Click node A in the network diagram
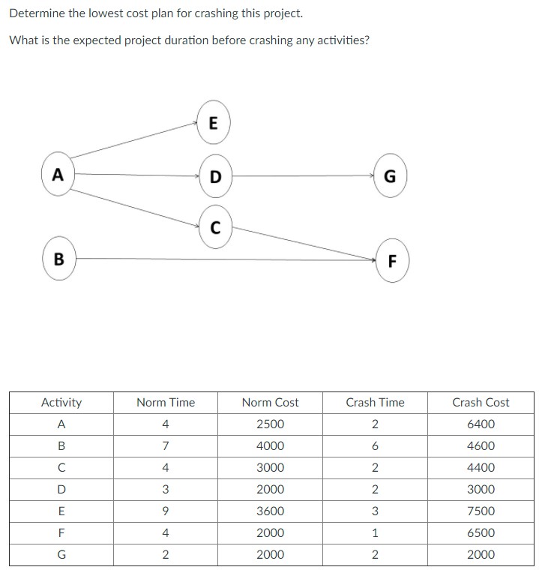(x=58, y=174)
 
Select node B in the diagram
(x=59, y=258)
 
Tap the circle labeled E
(x=214, y=122)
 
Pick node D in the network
(x=216, y=176)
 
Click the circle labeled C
(x=216, y=226)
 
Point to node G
(x=390, y=175)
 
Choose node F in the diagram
(x=392, y=260)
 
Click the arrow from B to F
(x=226, y=259)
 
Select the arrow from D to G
(x=303, y=175)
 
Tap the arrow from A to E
(x=133, y=140)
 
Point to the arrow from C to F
(x=304, y=243)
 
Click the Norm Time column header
(x=166, y=402)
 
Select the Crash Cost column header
(x=481, y=402)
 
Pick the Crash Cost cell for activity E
(x=481, y=511)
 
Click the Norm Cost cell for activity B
(x=270, y=445)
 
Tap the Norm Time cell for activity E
(x=166, y=511)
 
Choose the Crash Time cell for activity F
(x=375, y=532)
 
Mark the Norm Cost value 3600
(x=270, y=511)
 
